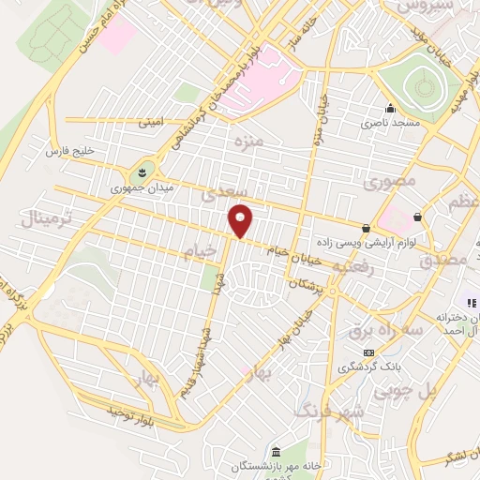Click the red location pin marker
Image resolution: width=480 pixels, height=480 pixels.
[x=241, y=219]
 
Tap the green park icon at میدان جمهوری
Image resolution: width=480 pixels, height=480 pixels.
[x=142, y=172]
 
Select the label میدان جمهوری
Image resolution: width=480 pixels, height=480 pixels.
[x=136, y=187]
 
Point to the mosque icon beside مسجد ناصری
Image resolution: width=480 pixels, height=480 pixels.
[x=391, y=107]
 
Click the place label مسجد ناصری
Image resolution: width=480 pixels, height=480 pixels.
[x=393, y=123]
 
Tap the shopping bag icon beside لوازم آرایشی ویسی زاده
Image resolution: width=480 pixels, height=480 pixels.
[x=365, y=228]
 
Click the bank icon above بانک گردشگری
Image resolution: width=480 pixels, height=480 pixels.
[x=367, y=352]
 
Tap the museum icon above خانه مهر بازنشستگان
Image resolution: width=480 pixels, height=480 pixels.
[x=275, y=450]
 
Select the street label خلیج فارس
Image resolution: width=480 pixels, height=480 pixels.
[x=72, y=151]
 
